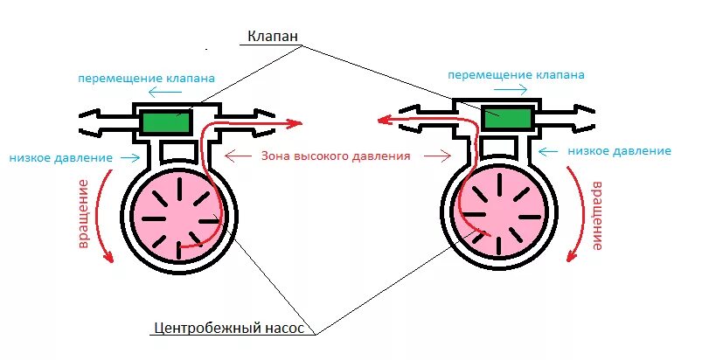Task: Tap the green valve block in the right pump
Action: tap(505, 120)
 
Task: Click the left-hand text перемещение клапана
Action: tap(146, 77)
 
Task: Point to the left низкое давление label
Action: tap(61, 158)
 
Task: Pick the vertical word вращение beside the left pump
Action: tap(85, 213)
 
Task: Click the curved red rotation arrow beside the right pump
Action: tap(575, 213)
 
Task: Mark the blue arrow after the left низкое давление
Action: tap(129, 158)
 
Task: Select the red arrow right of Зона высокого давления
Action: tap(433, 156)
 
